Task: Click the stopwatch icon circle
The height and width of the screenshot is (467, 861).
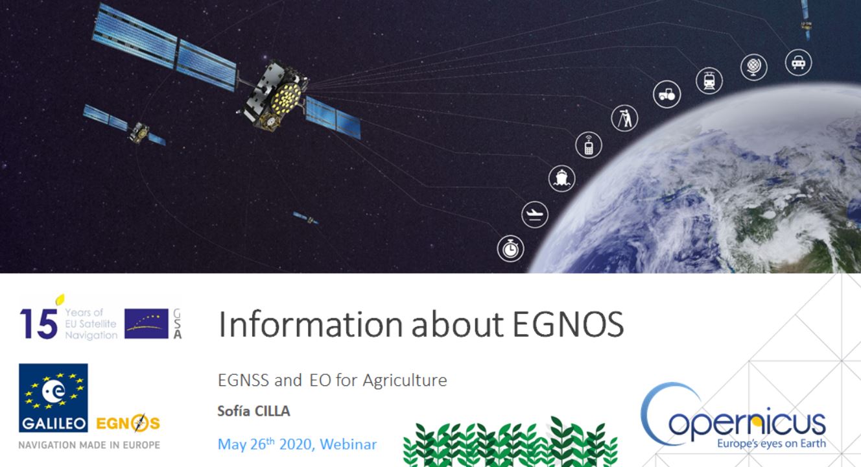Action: pyautogui.click(x=510, y=248)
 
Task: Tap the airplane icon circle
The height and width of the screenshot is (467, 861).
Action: pyautogui.click(x=535, y=214)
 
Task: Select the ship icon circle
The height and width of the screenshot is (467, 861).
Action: pyautogui.click(x=561, y=178)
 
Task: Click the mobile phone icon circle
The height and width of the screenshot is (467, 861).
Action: pyautogui.click(x=589, y=145)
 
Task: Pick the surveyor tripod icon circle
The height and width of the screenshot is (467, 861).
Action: pyautogui.click(x=624, y=118)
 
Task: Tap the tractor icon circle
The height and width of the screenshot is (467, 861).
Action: pyautogui.click(x=666, y=95)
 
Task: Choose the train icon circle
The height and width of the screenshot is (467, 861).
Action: pyautogui.click(x=709, y=80)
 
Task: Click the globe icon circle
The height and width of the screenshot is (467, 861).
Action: pyautogui.click(x=753, y=67)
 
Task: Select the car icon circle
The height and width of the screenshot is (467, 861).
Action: pyautogui.click(x=798, y=63)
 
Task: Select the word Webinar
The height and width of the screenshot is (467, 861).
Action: pyautogui.click(x=348, y=444)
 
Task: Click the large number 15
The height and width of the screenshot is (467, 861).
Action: pyautogui.click(x=38, y=322)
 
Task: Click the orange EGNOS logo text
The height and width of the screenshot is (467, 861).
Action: pyautogui.click(x=127, y=424)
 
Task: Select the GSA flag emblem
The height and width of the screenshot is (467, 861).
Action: pyautogui.click(x=147, y=323)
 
